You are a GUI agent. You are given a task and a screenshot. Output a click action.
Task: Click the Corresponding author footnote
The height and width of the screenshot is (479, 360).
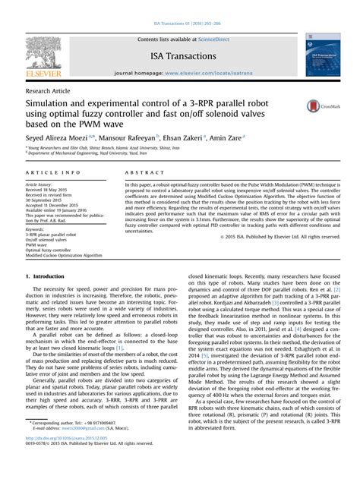coord(58,443)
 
